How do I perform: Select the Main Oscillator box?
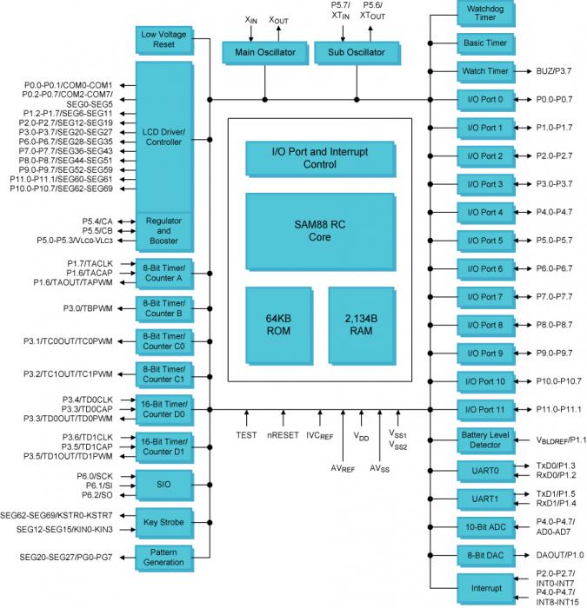[x=264, y=53]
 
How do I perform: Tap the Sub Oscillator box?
[x=357, y=53]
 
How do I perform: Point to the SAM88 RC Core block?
[x=319, y=230]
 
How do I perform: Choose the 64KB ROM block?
[x=277, y=324]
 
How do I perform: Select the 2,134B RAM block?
[x=360, y=324]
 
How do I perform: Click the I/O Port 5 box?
[x=485, y=241]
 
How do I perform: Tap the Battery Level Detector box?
[x=485, y=439]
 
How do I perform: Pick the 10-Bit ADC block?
[x=485, y=525]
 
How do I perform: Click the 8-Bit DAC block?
[x=485, y=554]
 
